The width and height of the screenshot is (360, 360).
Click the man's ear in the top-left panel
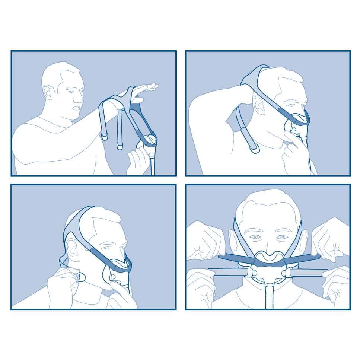coord(48,92)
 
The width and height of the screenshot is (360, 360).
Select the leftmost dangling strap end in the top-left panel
coord(105,137)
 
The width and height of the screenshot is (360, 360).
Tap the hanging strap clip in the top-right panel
coord(255,149)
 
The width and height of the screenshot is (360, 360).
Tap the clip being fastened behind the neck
coord(80,277)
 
